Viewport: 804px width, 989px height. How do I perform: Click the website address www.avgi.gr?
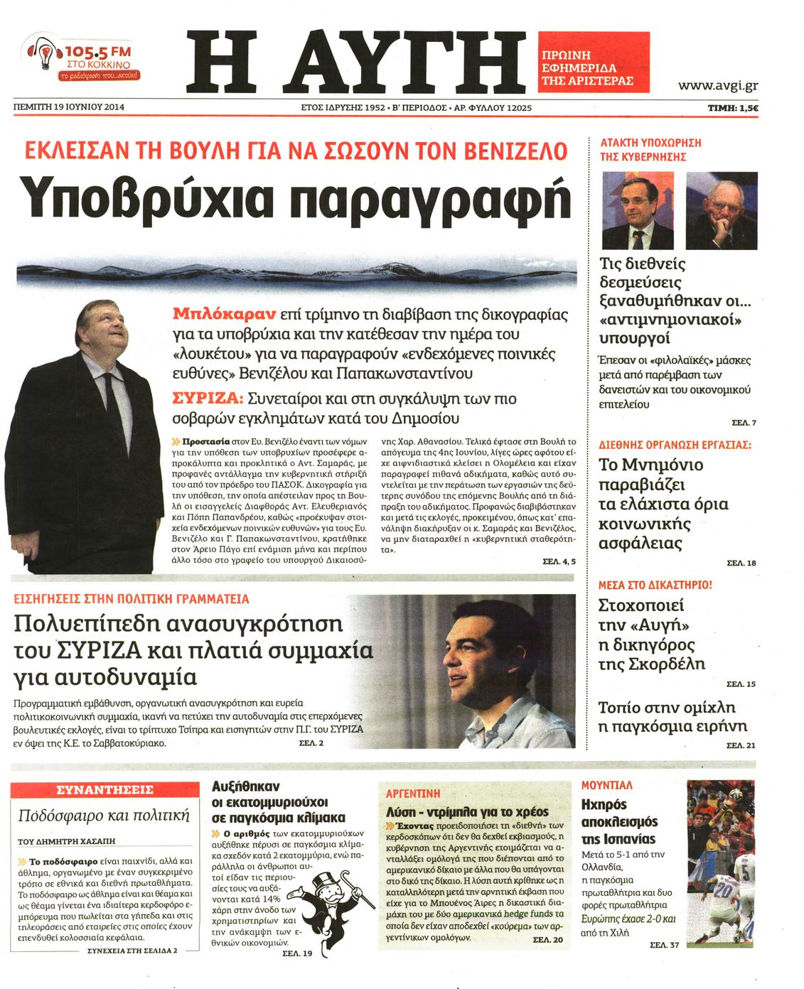pyautogui.click(x=717, y=85)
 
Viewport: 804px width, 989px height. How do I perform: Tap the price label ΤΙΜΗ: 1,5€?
pyautogui.click(x=732, y=108)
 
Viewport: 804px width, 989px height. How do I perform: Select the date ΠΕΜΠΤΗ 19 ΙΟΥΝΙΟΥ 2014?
pyautogui.click(x=69, y=107)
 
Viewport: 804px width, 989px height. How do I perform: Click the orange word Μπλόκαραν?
pyautogui.click(x=223, y=313)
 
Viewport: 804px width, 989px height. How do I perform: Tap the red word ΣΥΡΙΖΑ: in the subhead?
pyautogui.click(x=208, y=399)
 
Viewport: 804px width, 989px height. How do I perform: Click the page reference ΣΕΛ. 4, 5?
pyautogui.click(x=559, y=561)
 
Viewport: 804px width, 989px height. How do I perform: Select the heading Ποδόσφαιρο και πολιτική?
pyautogui.click(x=104, y=815)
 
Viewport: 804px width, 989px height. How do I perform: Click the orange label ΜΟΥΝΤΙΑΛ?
pyautogui.click(x=606, y=785)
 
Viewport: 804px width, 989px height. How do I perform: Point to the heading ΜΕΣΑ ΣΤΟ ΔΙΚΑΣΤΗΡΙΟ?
pyautogui.click(x=655, y=585)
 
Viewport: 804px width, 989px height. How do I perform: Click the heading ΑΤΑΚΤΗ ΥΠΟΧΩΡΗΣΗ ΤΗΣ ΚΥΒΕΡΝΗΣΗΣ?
pyautogui.click(x=650, y=149)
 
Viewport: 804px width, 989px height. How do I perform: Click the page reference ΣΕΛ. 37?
pyautogui.click(x=664, y=945)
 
